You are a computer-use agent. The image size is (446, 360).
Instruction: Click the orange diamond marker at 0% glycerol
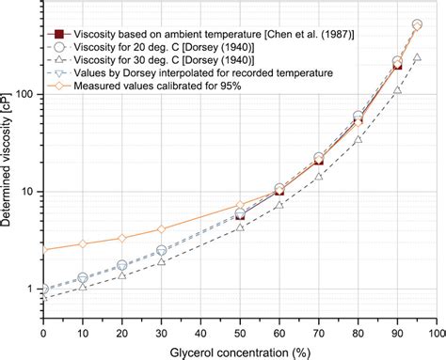43,249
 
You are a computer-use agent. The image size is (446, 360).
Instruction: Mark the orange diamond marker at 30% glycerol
161,229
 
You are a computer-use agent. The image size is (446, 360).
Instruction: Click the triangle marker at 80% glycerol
358,139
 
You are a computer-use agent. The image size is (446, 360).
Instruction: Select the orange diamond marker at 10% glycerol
83,243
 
